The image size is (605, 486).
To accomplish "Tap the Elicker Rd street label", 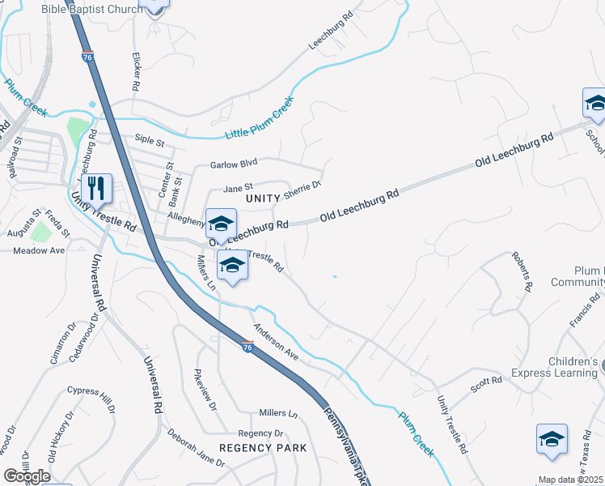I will [x=136, y=71].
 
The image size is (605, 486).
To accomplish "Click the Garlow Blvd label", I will [x=233, y=164].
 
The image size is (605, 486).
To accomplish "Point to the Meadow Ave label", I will [x=39, y=251].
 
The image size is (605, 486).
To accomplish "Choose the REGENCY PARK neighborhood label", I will [x=263, y=448].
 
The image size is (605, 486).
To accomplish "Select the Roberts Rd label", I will [x=522, y=271].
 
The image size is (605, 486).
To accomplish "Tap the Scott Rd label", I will [x=487, y=385].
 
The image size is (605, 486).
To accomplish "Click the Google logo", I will [x=27, y=476].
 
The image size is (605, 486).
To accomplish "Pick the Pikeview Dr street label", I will [x=205, y=390].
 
